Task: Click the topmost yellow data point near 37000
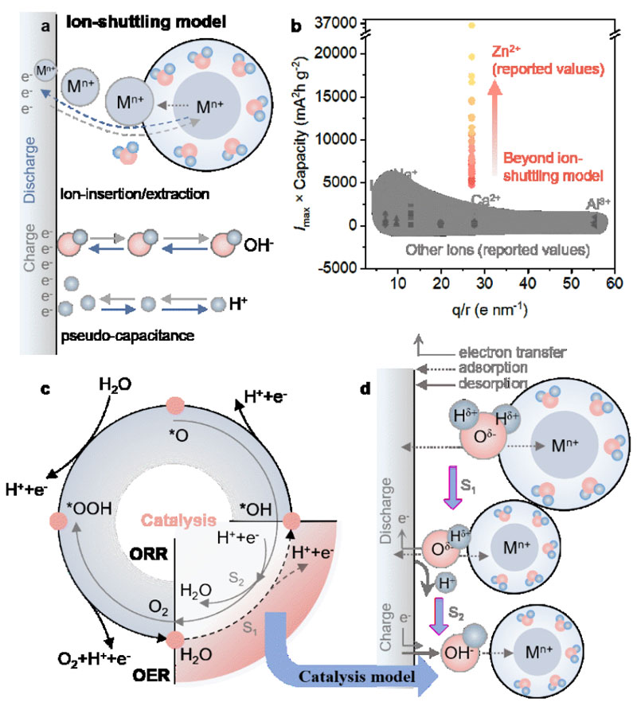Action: click(x=471, y=25)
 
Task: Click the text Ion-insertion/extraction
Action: click(x=127, y=193)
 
